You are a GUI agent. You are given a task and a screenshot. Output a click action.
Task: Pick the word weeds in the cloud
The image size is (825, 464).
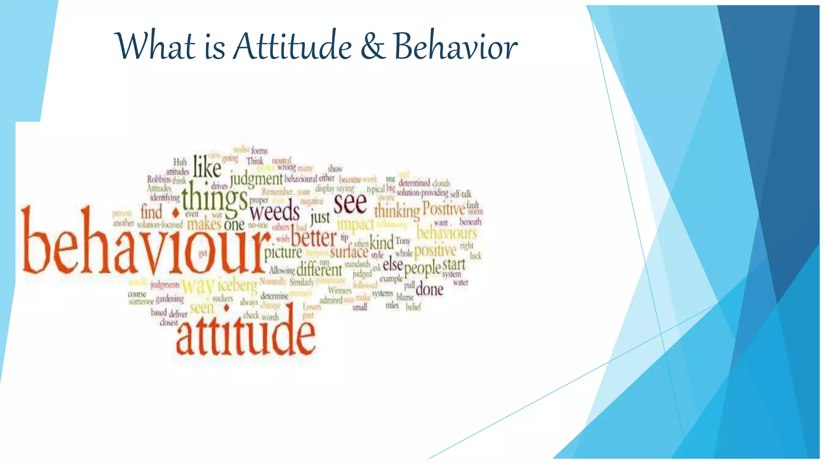(274, 212)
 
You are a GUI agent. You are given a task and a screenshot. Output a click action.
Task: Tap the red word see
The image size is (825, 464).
(350, 203)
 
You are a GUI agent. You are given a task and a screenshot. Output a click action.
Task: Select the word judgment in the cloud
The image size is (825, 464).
(256, 178)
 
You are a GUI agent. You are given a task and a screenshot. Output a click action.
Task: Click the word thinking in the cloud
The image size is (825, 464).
(397, 211)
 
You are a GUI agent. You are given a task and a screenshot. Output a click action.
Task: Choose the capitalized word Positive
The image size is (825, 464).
(444, 209)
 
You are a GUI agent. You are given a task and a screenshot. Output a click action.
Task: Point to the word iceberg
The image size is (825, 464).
(237, 286)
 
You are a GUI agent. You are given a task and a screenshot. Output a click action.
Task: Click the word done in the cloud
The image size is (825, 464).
(429, 289)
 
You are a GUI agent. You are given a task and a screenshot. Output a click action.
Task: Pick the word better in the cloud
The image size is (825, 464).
(313, 238)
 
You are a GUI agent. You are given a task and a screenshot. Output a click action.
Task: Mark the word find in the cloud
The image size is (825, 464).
(151, 212)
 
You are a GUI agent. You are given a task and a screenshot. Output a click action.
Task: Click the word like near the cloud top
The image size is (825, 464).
(207, 167)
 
